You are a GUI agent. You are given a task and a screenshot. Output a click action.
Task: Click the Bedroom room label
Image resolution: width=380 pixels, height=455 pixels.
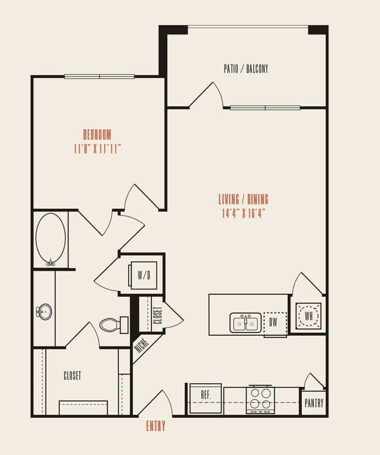[97, 134]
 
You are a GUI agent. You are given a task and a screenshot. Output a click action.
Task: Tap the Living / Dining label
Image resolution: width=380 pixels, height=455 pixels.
[245, 199]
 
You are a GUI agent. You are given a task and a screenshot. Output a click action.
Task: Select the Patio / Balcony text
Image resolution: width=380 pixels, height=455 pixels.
[246, 69]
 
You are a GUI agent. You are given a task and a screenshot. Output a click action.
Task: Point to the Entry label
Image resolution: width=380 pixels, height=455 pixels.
[156, 426]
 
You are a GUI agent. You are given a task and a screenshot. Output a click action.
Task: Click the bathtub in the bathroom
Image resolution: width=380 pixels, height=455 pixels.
[50, 239]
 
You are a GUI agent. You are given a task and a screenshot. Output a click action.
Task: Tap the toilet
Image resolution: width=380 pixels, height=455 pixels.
[113, 325]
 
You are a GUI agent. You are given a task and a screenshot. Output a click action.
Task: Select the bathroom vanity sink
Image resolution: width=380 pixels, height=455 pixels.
[43, 310]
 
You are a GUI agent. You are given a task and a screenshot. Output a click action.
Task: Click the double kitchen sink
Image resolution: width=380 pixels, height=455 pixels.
[246, 322]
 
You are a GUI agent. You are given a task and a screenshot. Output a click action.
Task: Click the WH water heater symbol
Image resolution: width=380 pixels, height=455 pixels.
[308, 315]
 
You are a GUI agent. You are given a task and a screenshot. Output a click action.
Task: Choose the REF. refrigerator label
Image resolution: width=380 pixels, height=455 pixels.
[206, 394]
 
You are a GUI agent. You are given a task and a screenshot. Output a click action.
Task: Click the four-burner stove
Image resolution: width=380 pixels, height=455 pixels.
[260, 398]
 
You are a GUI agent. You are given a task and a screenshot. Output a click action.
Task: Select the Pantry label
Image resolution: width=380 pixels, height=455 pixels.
[313, 403]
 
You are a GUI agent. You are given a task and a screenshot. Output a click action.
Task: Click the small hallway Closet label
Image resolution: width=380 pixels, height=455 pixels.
[157, 315]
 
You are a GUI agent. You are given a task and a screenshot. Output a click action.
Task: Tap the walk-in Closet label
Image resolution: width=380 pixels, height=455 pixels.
[72, 376]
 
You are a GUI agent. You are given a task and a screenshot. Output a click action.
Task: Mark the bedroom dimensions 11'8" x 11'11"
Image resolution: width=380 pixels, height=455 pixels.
[97, 148]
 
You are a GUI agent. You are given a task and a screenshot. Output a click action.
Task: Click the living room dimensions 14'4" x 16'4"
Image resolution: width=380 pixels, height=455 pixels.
[244, 213]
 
